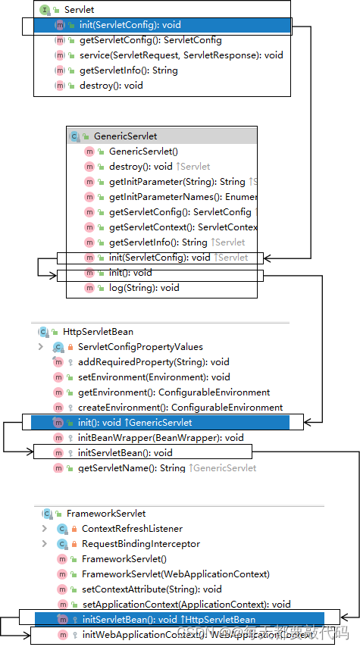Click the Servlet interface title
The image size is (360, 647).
pos(79,10)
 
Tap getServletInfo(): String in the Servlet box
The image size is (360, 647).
pos(128,70)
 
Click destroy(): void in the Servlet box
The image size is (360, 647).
pos(111,86)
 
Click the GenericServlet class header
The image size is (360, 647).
pos(125,136)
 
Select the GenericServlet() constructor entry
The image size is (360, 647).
pos(143,152)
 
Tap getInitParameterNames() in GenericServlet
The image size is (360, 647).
pos(183,197)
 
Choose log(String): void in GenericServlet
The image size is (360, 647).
pos(144,288)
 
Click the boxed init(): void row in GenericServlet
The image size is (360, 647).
pos(130,273)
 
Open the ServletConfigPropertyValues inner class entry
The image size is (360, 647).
pos(140,347)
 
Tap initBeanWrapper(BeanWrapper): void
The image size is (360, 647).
pos(161,438)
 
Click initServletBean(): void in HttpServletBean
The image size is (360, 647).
pos(125,453)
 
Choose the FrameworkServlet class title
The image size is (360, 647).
pos(105,514)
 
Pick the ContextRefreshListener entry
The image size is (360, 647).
pos(132,529)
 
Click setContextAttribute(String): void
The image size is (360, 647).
pos(152,589)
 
